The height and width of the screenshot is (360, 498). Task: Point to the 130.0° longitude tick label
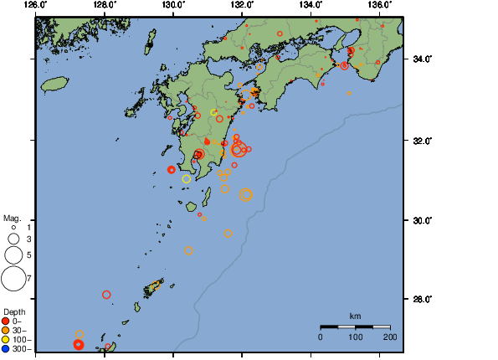(173, 4)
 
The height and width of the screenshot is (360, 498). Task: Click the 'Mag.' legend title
(12, 218)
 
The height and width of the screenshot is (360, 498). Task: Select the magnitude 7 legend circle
(13, 278)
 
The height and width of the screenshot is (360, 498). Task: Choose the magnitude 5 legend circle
(13, 255)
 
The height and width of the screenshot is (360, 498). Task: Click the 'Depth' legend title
(14, 312)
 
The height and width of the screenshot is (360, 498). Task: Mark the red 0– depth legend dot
(6, 321)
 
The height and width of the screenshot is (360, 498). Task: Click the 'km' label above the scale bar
(355, 316)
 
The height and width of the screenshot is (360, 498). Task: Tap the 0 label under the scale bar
(321, 337)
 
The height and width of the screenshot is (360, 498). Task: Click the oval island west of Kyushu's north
(54, 84)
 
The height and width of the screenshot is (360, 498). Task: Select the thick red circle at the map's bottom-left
(79, 344)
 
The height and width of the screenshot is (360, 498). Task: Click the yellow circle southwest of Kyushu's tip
(186, 178)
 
